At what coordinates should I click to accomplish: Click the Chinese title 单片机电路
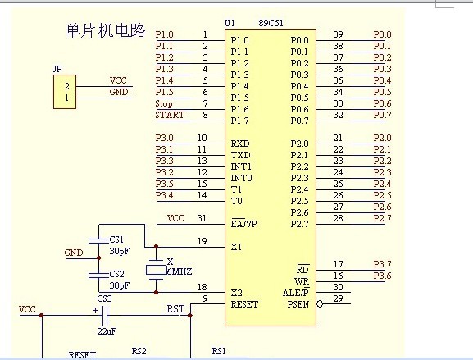[x=106, y=30]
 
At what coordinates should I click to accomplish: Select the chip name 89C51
[x=271, y=23]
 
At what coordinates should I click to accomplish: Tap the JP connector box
[x=65, y=92]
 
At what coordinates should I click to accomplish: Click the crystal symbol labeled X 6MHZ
[x=156, y=270]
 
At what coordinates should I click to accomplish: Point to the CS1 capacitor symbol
[x=98, y=240]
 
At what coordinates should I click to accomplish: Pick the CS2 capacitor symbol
[x=98, y=275]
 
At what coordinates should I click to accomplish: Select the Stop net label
[x=164, y=104]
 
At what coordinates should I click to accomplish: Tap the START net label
[x=170, y=115]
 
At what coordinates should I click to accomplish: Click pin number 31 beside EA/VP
[x=202, y=218]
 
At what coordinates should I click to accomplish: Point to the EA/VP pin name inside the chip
[x=243, y=224]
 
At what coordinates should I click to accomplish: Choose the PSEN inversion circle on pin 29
[x=320, y=304]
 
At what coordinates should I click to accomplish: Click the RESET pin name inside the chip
[x=244, y=304]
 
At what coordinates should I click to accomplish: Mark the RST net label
[x=175, y=309]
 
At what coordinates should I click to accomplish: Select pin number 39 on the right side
[x=338, y=34]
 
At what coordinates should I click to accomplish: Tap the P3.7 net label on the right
[x=382, y=264]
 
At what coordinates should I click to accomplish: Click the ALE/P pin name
[x=296, y=293]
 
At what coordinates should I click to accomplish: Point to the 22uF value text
[x=107, y=331]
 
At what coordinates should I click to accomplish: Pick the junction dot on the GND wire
[x=98, y=258]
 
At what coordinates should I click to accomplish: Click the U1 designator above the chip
[x=230, y=23]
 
